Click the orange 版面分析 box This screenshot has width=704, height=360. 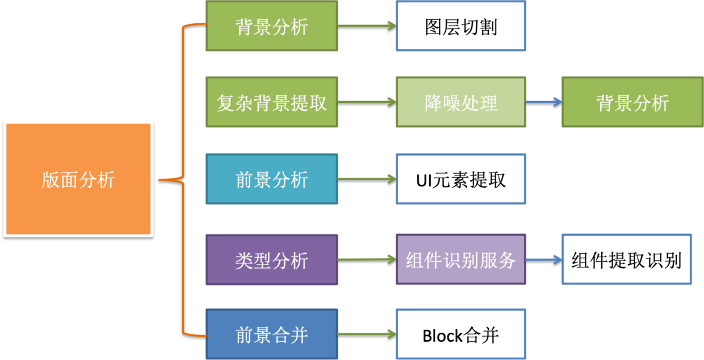coord(78,179)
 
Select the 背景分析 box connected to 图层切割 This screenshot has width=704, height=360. coord(271,27)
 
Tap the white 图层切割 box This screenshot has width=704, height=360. coord(460,27)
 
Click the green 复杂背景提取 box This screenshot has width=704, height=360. coord(271,103)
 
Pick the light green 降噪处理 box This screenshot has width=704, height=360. coord(460,103)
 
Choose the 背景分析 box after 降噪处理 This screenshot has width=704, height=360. coord(632,103)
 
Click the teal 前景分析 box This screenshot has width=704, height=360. coord(271,179)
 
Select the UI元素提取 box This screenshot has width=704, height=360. coord(460,179)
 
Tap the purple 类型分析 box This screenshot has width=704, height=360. coord(271,260)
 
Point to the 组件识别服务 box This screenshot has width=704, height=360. coord(460,260)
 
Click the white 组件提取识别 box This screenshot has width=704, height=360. coord(626,259)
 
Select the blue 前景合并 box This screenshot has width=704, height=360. coord(271,334)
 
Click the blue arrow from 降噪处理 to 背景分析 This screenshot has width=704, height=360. coord(543,102)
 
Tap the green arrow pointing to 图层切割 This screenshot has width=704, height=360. coord(367,26)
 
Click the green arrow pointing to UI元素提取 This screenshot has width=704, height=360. coord(367,179)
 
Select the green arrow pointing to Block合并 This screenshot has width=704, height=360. coord(367,334)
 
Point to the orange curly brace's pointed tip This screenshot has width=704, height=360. coord(161,180)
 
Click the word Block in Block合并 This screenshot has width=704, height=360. coord(442,336)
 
